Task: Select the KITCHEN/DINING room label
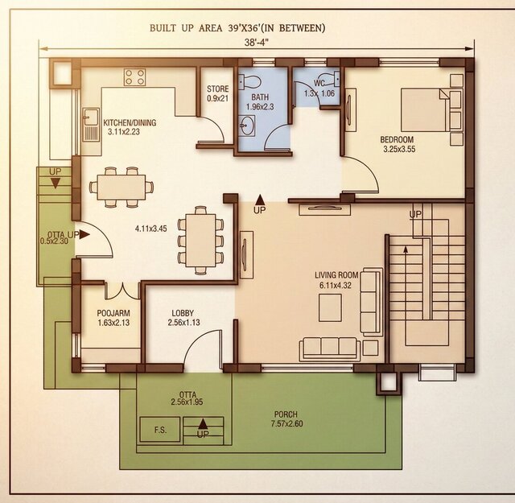point(130,123)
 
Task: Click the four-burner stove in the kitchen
point(134,78)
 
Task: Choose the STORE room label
point(217,89)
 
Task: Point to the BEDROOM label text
point(398,139)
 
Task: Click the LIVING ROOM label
point(337,275)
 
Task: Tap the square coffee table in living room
point(329,307)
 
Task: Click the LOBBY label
point(187,313)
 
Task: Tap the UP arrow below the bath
point(259,203)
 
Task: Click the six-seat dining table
point(200,237)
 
